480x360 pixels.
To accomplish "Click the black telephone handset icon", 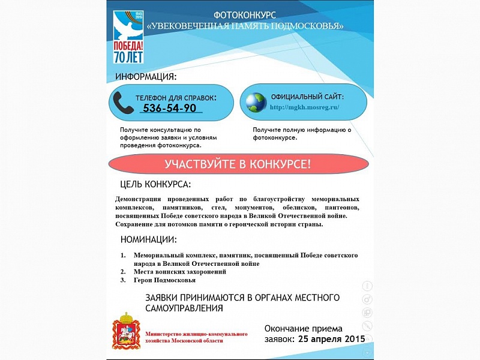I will [124, 103].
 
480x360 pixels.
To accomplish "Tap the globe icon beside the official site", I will [254, 103].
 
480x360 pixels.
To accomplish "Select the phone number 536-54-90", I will [169, 108].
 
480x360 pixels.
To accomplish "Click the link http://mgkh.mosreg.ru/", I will [305, 107].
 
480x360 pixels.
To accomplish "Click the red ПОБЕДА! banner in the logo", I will [128, 47].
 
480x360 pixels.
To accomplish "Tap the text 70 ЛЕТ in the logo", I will [128, 58].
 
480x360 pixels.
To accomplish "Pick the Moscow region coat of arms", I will [126, 332].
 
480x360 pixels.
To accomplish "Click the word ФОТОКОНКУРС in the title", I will [245, 14].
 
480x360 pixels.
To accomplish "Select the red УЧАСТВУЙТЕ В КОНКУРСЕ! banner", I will [238, 164].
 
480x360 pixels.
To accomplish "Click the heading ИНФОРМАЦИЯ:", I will [146, 77].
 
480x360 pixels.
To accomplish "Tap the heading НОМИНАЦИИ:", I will [149, 239].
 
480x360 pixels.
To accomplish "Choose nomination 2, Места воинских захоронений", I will [179, 272].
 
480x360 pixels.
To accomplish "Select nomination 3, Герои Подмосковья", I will [164, 280].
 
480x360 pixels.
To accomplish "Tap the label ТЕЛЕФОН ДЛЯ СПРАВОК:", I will [176, 97].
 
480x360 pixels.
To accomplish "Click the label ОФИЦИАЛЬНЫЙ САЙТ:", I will [307, 97].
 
